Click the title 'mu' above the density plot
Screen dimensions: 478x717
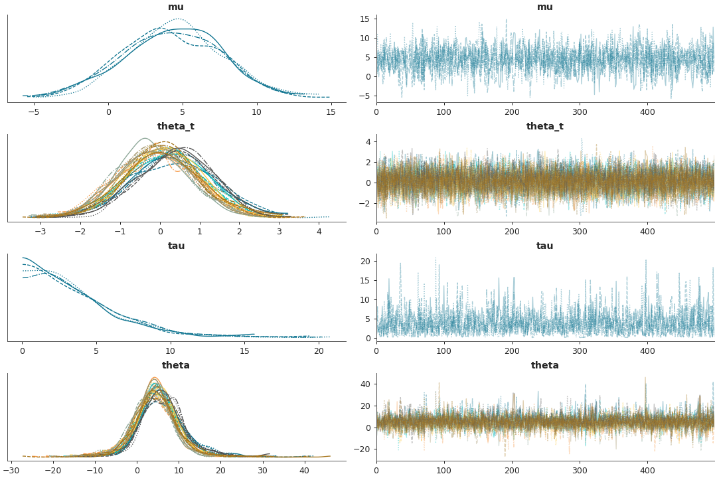(176, 7)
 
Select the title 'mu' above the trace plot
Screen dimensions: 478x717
(544, 7)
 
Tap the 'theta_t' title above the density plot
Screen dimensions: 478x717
(176, 127)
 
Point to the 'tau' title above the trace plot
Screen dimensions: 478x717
(544, 246)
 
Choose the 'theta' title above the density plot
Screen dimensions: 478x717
(176, 366)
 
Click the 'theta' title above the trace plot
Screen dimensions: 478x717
(544, 366)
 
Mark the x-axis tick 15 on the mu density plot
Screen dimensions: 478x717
(331, 112)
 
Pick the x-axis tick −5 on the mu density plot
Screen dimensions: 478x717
(34, 112)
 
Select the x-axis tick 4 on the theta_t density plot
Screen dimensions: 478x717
(319, 231)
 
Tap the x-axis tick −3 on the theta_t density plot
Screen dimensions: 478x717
(40, 231)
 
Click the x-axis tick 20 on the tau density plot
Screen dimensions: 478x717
(319, 351)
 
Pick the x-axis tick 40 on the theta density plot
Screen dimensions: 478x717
(304, 470)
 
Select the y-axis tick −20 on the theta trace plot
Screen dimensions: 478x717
(364, 449)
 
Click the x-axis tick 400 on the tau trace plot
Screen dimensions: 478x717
(647, 351)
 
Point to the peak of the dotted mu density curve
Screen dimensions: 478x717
(179, 19)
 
